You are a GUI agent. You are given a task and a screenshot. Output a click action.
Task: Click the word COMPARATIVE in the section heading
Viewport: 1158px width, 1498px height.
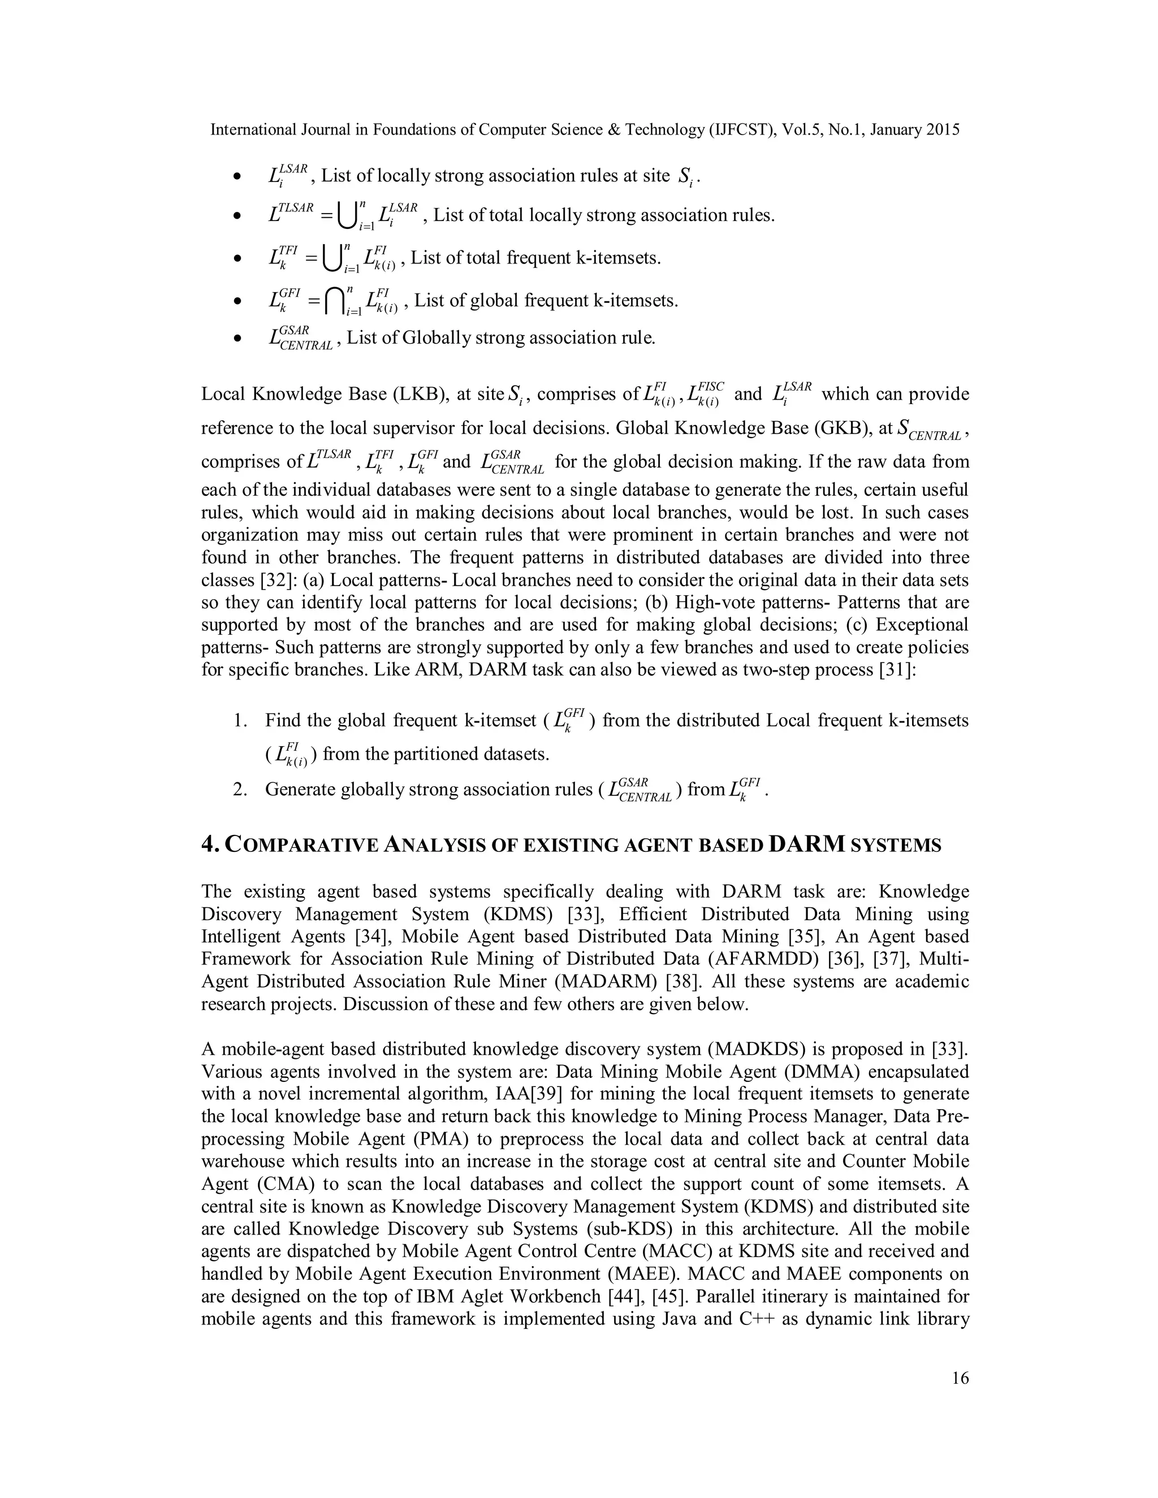[302, 846]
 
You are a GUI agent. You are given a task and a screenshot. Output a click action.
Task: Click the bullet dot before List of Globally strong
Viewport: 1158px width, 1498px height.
[237, 339]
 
